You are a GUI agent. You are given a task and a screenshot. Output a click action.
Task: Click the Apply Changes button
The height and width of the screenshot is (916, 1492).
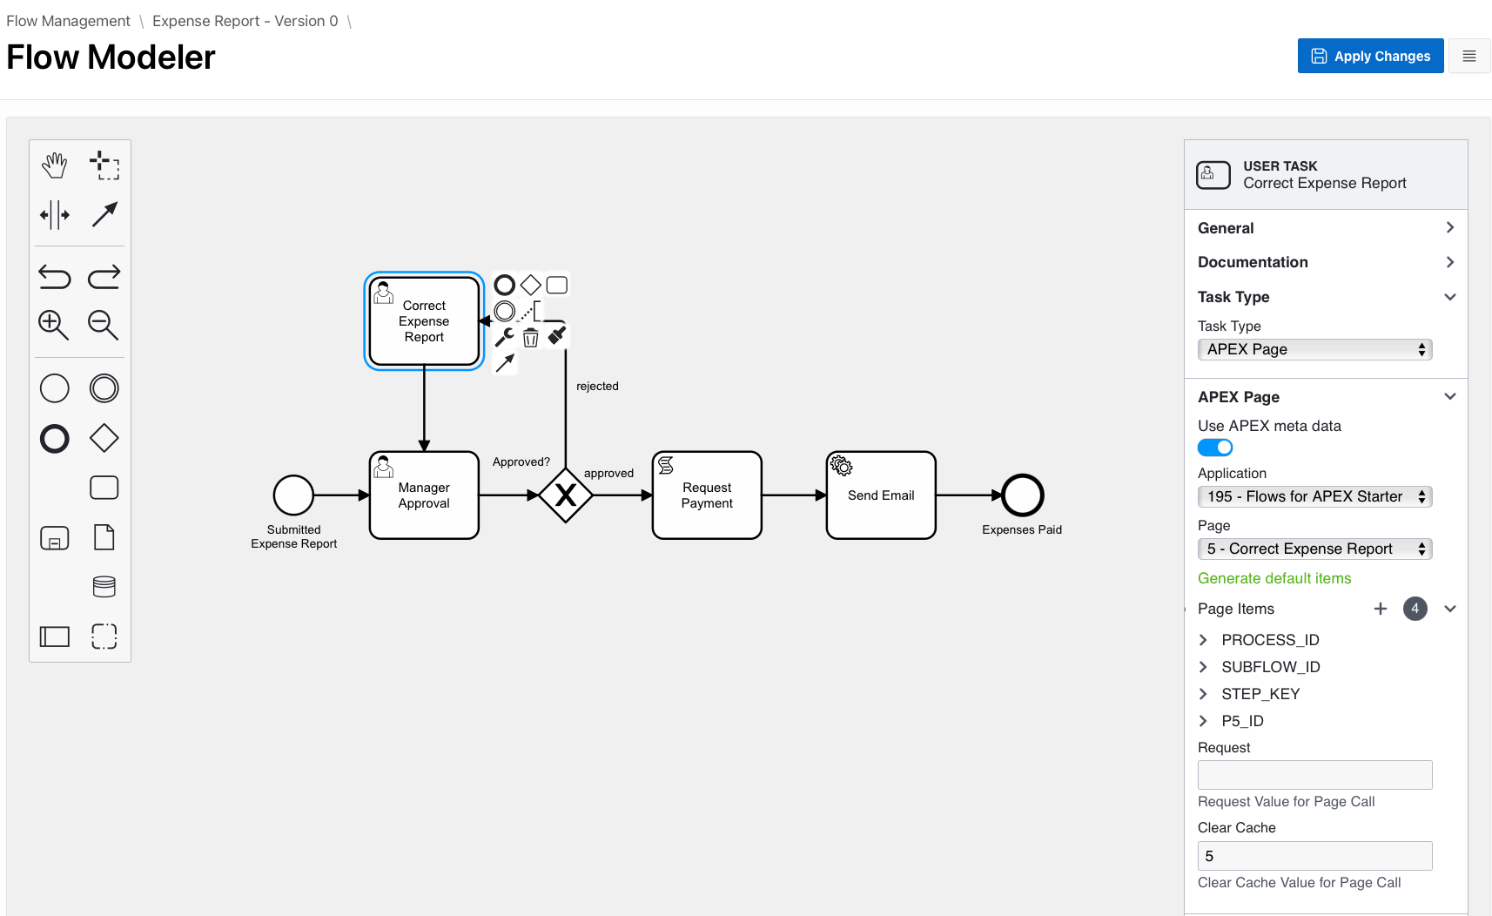(1370, 56)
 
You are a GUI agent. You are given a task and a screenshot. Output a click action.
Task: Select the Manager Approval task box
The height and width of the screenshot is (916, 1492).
(424, 495)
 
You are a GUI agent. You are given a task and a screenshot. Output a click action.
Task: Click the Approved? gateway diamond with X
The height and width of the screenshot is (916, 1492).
(566, 495)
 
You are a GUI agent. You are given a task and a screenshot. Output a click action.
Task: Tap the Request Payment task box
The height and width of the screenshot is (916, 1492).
(707, 495)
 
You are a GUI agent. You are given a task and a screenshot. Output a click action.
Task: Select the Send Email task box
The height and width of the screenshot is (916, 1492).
(881, 495)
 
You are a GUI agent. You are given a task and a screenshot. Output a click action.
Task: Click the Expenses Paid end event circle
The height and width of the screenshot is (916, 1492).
(1022, 495)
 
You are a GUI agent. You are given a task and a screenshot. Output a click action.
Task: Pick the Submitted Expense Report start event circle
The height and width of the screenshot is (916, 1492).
(293, 495)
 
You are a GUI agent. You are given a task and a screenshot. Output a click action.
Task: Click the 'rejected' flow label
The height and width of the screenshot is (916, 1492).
(597, 386)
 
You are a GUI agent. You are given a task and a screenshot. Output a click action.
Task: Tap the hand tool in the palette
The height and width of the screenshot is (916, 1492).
(54, 165)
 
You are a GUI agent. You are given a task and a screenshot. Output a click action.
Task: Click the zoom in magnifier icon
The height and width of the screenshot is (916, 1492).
(53, 325)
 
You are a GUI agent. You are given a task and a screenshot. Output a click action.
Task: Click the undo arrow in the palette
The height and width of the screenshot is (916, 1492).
(54, 277)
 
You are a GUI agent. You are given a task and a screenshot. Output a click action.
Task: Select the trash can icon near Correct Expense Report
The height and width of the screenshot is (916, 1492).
(531, 338)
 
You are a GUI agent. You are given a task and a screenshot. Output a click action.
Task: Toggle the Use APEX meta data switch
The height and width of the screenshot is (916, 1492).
(1215, 448)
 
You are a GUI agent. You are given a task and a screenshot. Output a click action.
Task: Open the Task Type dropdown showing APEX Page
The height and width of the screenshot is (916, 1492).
(1314, 349)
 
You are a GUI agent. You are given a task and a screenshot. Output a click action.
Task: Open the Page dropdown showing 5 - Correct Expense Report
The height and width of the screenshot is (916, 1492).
(1314, 549)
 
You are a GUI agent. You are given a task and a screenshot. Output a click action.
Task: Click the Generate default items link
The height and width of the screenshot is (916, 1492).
(1274, 578)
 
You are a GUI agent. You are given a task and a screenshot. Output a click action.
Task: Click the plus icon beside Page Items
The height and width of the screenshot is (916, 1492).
(1381, 609)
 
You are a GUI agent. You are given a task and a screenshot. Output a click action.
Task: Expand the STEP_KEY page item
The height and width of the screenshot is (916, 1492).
(1204, 694)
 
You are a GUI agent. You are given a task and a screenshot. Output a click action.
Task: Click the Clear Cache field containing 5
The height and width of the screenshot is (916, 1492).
(1314, 856)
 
